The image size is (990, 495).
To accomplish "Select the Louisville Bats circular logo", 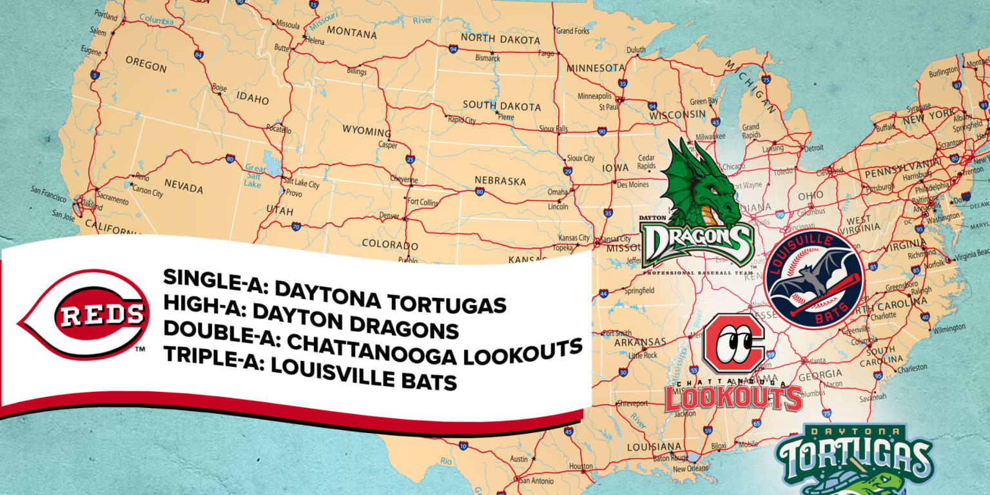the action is pyautogui.click(x=815, y=278).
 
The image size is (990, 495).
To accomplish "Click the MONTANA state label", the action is pyautogui.click(x=351, y=33).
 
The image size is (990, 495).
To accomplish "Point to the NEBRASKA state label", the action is pyautogui.click(x=500, y=180).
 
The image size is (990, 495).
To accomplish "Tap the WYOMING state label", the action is pyautogui.click(x=366, y=131).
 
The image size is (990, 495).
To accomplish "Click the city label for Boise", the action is pyautogui.click(x=219, y=88).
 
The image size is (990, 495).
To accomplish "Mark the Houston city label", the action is pyautogui.click(x=581, y=466).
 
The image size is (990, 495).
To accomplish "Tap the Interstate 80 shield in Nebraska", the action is pyautogui.click(x=479, y=191).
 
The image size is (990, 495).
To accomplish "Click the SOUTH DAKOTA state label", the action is pyautogui.click(x=501, y=106).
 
